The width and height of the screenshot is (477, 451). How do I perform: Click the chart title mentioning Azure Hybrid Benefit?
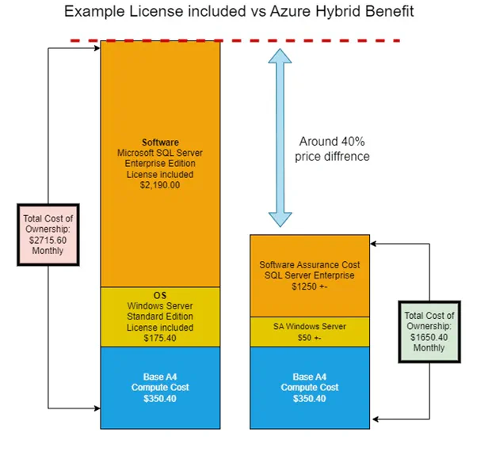(x=238, y=12)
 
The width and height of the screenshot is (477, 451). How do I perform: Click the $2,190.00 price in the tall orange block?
(x=160, y=185)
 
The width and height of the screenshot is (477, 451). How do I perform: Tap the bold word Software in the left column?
(x=160, y=142)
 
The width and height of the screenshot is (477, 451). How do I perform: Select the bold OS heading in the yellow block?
(x=160, y=295)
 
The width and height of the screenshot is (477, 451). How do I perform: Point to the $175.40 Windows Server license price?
(x=160, y=338)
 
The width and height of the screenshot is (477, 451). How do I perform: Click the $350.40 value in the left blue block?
(x=160, y=399)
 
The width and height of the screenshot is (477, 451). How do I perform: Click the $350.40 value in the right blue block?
(x=309, y=399)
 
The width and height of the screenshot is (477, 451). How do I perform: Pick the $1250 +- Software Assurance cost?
(x=309, y=286)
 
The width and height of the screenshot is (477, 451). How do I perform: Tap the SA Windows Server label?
(x=309, y=327)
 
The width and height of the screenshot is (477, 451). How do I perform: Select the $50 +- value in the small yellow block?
(x=309, y=338)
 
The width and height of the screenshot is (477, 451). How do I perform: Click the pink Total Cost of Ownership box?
(x=48, y=235)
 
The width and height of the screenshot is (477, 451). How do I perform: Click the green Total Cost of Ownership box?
(x=429, y=332)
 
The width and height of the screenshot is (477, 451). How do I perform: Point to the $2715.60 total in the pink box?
(x=48, y=241)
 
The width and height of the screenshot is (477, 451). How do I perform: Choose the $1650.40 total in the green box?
(x=429, y=337)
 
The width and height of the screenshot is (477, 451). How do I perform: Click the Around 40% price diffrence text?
(x=332, y=149)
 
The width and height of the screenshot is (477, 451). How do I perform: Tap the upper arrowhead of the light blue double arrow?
(x=280, y=56)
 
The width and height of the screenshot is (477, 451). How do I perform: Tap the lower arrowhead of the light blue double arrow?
(x=280, y=220)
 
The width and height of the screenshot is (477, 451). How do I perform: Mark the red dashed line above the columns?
(x=235, y=40)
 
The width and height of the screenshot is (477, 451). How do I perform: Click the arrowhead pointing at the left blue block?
(x=97, y=408)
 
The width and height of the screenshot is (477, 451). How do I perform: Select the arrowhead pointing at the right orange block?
(x=373, y=244)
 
